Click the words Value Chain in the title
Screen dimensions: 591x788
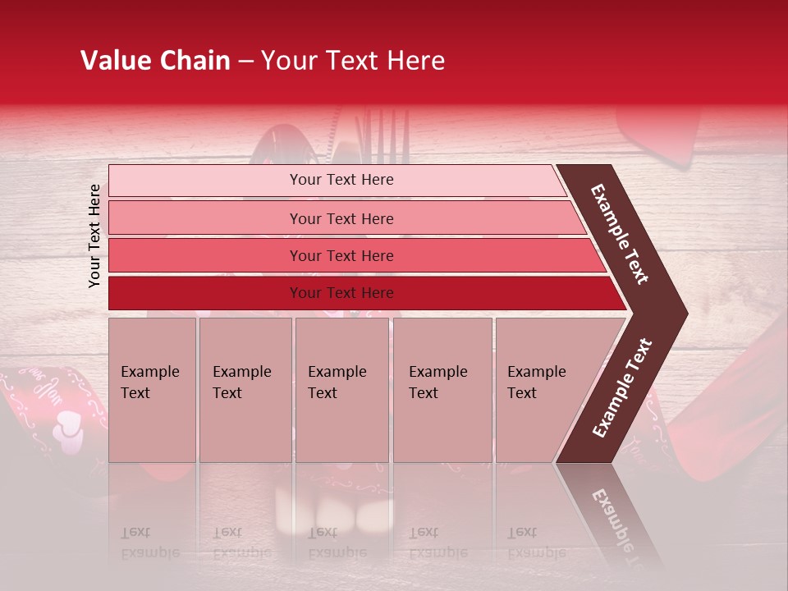[x=155, y=61]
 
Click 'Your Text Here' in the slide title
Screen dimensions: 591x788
[x=353, y=61]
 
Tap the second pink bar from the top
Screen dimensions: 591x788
[x=341, y=218]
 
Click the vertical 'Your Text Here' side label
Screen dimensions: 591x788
[x=94, y=236]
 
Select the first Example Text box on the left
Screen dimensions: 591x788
[x=152, y=390]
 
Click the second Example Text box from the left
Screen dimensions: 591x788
[x=245, y=390]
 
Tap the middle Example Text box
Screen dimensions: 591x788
[x=341, y=390]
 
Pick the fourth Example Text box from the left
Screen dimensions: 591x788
[x=442, y=390]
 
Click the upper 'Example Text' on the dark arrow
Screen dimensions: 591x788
[x=620, y=234]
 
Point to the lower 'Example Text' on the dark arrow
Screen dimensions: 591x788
[x=621, y=388]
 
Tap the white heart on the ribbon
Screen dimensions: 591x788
[x=68, y=430]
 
